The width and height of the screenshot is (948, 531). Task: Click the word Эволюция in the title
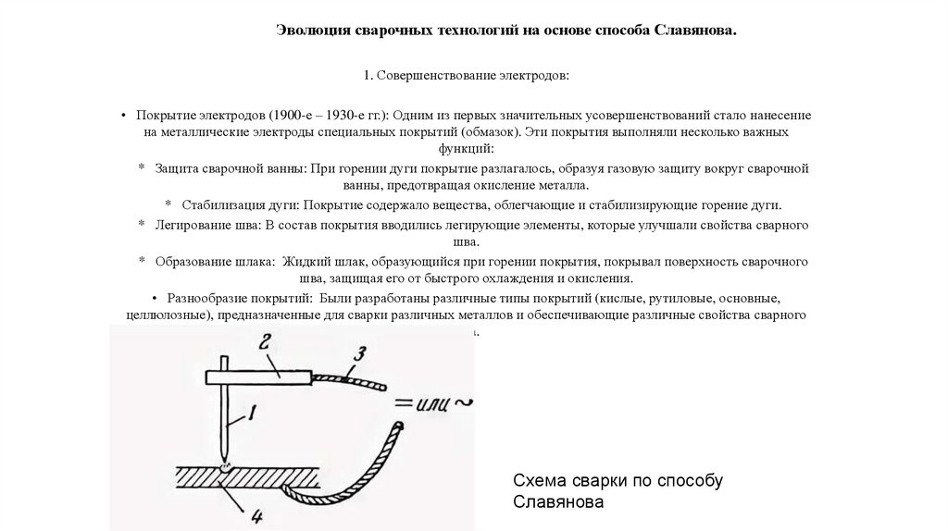312,31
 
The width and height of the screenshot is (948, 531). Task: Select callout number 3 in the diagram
362,352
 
